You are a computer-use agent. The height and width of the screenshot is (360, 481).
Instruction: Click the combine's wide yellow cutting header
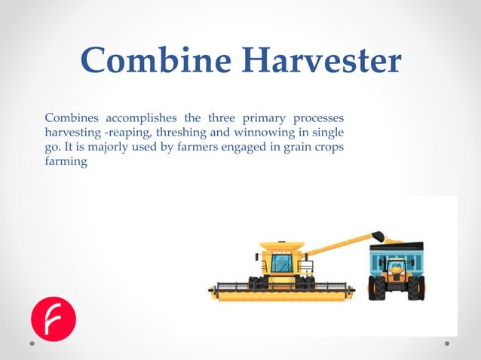coord(282,292)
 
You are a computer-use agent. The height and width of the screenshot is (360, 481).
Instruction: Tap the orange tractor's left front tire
coord(378,287)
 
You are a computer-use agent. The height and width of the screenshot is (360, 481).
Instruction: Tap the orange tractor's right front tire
coord(415,287)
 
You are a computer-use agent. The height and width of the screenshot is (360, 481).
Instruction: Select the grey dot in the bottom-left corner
coord(32,344)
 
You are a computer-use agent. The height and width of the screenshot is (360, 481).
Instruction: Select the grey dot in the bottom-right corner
coord(447,344)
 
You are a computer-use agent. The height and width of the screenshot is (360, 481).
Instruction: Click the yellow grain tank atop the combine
coord(281,246)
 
